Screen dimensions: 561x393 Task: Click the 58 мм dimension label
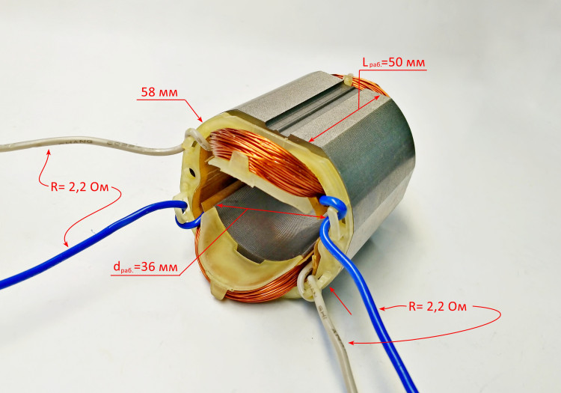point(159,92)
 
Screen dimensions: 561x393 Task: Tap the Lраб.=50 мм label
point(393,63)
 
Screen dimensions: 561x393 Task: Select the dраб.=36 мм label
point(145,267)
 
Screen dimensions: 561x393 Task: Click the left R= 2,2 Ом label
point(79,187)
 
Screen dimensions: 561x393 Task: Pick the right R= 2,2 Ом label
point(438,307)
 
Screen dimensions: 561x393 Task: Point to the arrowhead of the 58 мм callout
point(200,118)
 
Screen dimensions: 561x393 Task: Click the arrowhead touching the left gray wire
point(49,153)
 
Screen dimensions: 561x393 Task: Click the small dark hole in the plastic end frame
point(193,172)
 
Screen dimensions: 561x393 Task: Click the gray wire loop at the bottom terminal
point(305,283)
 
